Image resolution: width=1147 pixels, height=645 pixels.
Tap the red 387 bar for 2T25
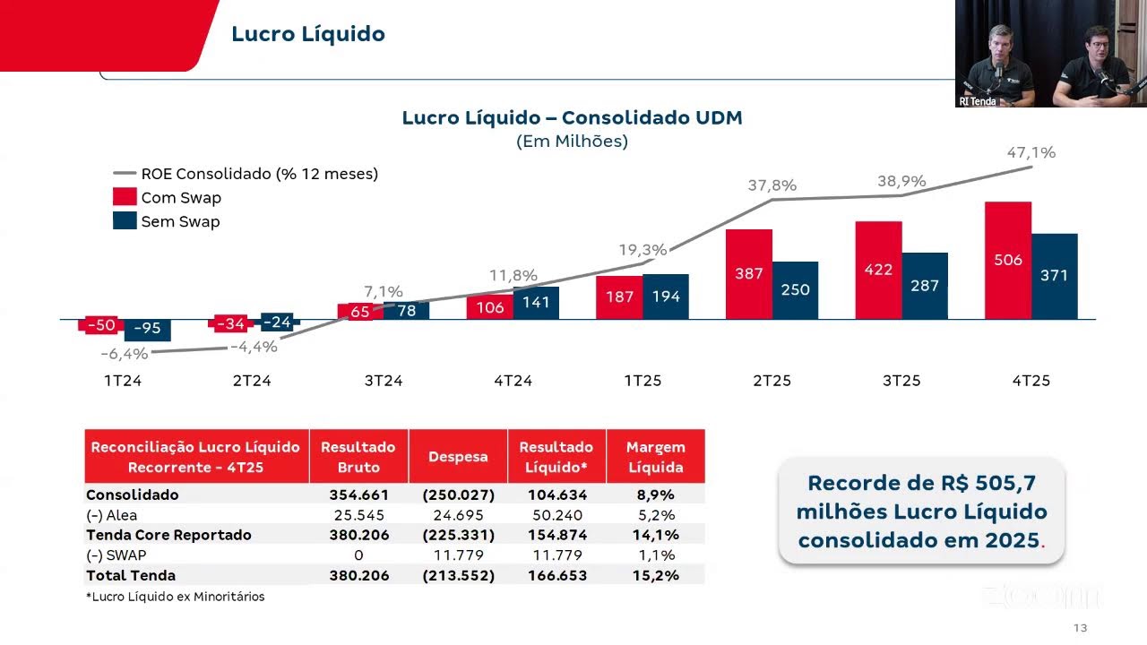click(x=748, y=274)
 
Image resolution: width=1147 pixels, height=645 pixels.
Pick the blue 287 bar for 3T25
click(x=924, y=286)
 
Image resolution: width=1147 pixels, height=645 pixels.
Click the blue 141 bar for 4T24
click(x=536, y=303)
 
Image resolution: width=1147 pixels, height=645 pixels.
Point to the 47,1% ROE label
click(x=1031, y=153)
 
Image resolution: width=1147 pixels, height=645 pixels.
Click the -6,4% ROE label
click(x=124, y=354)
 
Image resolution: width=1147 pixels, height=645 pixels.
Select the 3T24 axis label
click(x=383, y=381)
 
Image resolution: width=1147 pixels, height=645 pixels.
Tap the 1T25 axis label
click(x=642, y=381)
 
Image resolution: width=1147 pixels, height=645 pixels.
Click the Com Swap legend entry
click(x=168, y=198)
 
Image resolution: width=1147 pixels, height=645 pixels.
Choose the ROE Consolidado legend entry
click(x=246, y=174)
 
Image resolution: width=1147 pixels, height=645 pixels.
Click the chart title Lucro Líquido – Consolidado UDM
click(x=572, y=118)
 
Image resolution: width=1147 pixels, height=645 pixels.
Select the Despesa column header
click(x=457, y=457)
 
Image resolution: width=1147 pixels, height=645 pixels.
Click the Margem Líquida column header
click(x=655, y=457)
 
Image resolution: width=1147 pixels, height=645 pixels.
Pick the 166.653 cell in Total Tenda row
click(x=556, y=575)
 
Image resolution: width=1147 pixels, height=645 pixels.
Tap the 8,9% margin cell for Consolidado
click(x=655, y=494)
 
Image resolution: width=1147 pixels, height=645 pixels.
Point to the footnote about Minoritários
click(x=175, y=597)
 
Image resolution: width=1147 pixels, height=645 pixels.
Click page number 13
click(x=1080, y=628)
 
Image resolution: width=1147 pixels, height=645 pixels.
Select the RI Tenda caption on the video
click(x=977, y=101)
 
